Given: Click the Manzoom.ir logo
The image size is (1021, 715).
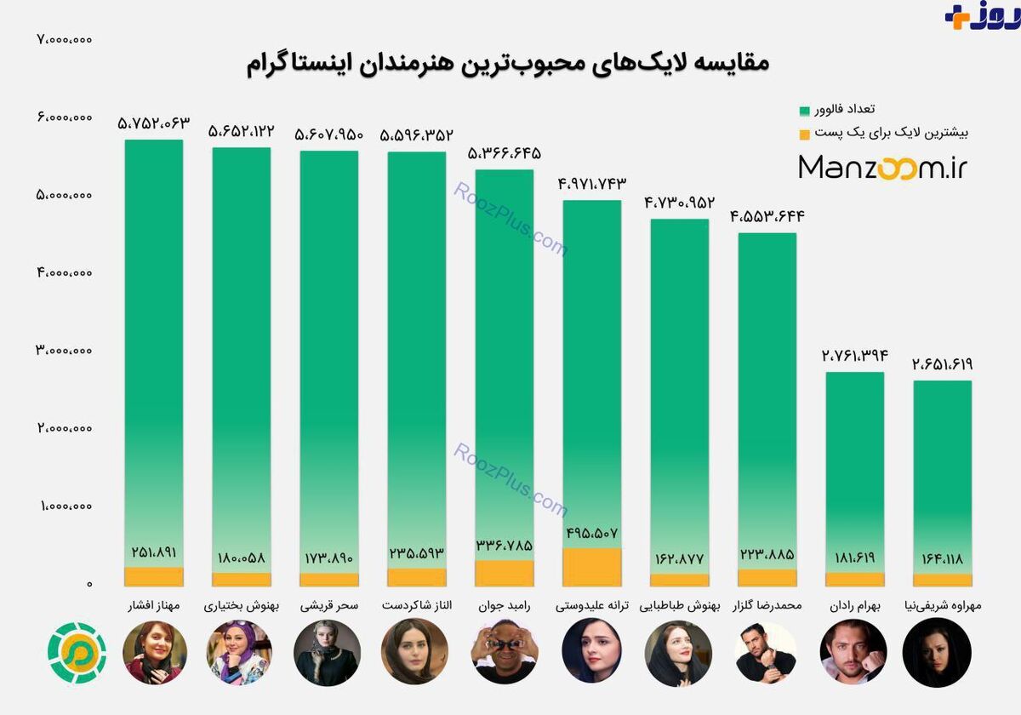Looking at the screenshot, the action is coord(883,168).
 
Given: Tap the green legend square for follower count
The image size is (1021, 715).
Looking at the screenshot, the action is coord(805,111).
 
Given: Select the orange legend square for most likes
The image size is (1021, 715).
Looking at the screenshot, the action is coord(805,134).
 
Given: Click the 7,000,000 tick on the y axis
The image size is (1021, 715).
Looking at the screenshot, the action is coord(65,40).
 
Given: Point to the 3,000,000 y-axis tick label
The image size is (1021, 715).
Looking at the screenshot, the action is coord(65,350).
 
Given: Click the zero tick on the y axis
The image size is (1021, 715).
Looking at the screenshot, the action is coord(89,584).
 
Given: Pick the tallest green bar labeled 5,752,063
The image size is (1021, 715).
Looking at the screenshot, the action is coord(154,353).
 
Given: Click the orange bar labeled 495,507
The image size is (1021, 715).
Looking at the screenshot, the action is coord(591,567).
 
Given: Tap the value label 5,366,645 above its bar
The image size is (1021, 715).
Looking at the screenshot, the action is coord(504,154).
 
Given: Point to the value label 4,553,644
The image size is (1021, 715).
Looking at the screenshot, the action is coord(767,215).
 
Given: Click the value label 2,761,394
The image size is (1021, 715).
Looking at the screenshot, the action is coord(855,355).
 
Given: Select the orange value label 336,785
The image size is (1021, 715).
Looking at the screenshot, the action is coord(504,545).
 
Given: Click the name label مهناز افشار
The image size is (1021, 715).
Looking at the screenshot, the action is coord(154,605).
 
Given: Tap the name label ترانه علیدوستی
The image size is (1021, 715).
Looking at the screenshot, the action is coord(591,605).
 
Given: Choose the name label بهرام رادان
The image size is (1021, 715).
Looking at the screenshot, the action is coord(855,606).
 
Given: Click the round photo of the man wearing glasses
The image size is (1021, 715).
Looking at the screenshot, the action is coord(504,652).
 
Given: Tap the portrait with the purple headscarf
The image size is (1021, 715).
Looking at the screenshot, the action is coord(239,652).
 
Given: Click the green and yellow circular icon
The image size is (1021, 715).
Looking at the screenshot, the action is coord(77,653).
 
